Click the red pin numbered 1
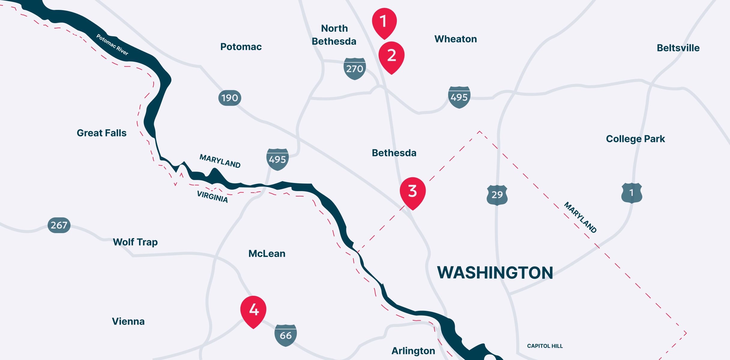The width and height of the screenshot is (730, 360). point(384,22)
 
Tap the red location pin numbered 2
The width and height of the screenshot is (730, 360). point(391,55)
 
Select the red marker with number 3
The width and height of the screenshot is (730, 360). point(413,191)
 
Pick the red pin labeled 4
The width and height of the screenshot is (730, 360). point(253,310)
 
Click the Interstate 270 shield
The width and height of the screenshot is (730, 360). point(354,69)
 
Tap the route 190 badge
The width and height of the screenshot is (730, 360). point(230,98)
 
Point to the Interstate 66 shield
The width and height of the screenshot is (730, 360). point(285,335)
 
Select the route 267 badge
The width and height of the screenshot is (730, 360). point(59,225)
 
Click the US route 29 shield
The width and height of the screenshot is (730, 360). point(497,195)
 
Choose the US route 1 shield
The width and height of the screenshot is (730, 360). point(632,193)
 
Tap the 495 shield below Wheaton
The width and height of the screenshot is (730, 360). point(459,97)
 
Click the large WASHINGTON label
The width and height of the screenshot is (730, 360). point(495,273)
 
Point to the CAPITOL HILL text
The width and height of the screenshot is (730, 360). point(545,346)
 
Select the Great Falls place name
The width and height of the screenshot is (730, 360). point(101,133)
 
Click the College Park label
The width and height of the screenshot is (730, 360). point(635,139)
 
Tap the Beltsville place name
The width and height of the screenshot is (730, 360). point(678,48)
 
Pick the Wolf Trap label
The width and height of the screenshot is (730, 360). point(135,242)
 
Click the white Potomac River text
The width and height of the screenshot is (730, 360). point(112,44)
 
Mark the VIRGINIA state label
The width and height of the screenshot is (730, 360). point(212,197)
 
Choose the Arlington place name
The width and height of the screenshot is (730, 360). point(413,351)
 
